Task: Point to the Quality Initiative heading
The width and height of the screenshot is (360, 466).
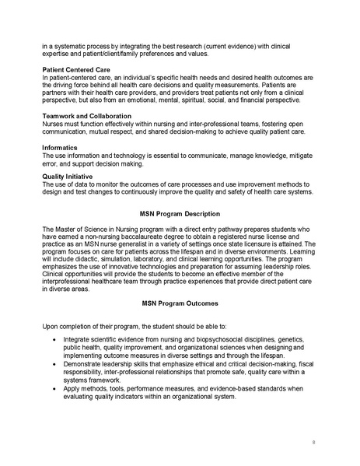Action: click(x=68, y=177)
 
